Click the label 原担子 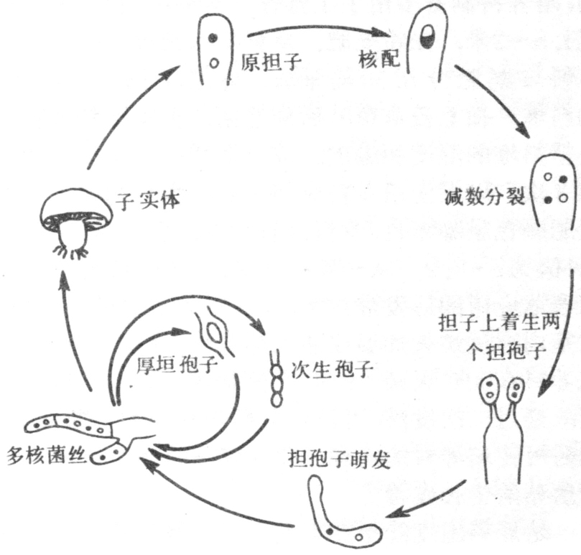click(x=271, y=62)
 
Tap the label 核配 click(x=379, y=60)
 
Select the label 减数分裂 click(x=485, y=195)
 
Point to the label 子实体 click(x=148, y=201)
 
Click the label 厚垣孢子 click(x=177, y=365)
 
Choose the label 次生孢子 click(x=332, y=369)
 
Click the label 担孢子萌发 click(x=339, y=460)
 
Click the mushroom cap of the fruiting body click(x=76, y=210)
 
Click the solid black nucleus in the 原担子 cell click(x=213, y=37)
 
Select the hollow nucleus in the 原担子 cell click(x=213, y=63)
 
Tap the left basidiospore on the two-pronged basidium click(x=489, y=390)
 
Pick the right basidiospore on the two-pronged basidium click(x=516, y=391)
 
